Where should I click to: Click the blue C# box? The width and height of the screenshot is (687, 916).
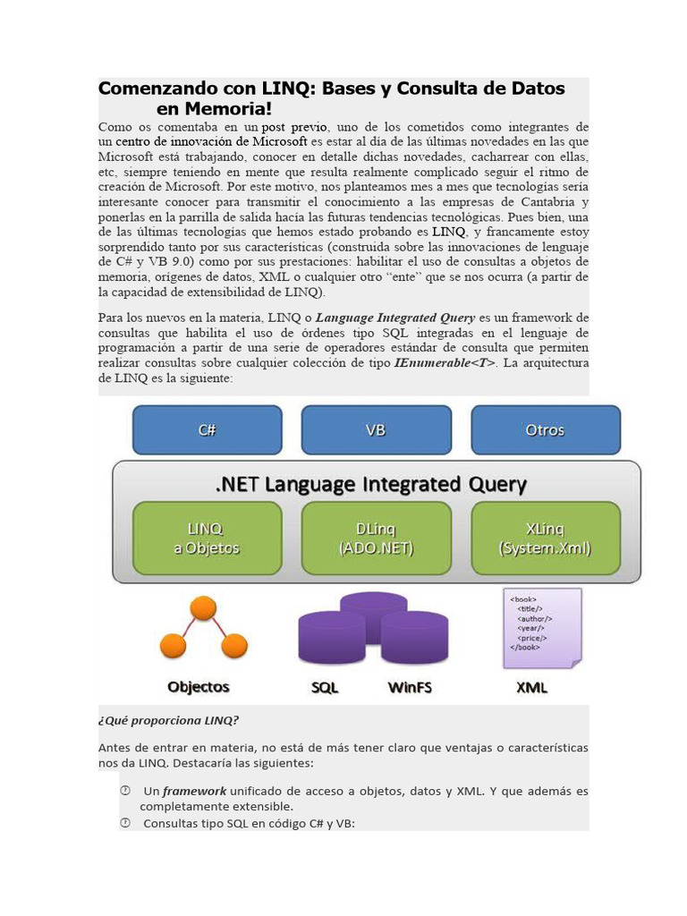tap(207, 430)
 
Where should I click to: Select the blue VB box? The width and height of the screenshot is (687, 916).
tap(376, 430)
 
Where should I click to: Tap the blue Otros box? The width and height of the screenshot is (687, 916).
tap(545, 430)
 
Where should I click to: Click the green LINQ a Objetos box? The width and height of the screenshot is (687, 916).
tap(207, 538)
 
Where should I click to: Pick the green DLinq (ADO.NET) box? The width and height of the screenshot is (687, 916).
tap(376, 538)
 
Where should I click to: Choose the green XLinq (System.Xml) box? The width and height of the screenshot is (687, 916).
tap(545, 538)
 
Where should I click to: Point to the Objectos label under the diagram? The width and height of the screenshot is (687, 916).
tap(199, 687)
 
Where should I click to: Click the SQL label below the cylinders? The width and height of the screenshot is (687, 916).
tap(325, 688)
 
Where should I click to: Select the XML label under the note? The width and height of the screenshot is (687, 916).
tap(532, 688)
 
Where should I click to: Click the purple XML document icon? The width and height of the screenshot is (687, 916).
tap(542, 627)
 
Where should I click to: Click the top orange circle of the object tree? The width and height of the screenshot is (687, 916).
tap(204, 609)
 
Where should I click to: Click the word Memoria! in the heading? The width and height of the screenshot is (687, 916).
tap(214, 109)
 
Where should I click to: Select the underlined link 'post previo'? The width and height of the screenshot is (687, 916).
tap(294, 127)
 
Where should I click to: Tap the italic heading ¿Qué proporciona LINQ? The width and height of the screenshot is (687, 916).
tap(168, 721)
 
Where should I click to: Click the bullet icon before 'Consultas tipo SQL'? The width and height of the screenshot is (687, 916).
tap(125, 823)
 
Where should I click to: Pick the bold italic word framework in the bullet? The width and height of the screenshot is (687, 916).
tap(194, 792)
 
